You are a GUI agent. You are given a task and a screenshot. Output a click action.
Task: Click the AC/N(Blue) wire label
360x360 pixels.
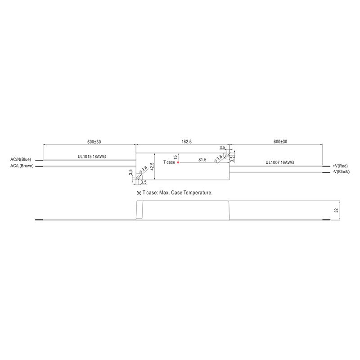[21, 159]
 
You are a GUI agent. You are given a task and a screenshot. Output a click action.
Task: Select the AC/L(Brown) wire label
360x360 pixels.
[22, 166]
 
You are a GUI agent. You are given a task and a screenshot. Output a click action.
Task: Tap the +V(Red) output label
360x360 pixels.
[340, 166]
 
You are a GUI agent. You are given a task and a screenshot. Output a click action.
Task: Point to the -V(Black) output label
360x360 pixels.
[341, 172]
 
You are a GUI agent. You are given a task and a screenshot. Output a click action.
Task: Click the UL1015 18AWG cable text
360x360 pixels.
[91, 157]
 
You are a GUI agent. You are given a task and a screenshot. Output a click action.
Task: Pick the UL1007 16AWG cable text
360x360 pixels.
[279, 162]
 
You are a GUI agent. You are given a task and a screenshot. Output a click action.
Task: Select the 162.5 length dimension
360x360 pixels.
[186, 141]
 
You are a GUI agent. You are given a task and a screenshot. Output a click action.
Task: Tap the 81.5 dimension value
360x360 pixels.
[202, 159]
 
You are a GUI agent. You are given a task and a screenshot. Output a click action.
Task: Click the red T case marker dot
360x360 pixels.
[179, 162]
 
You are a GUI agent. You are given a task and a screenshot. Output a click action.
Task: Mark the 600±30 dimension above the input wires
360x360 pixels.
[94, 141]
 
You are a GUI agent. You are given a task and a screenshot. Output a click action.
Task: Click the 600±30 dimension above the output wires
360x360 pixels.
[281, 141]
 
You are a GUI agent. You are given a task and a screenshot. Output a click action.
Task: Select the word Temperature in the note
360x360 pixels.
[197, 192]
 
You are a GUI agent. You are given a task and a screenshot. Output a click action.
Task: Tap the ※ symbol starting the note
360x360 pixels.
[139, 192]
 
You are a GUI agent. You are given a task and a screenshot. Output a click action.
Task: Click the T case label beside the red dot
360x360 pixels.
[169, 162]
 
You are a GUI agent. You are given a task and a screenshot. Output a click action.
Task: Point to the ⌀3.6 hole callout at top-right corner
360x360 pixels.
[219, 157]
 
